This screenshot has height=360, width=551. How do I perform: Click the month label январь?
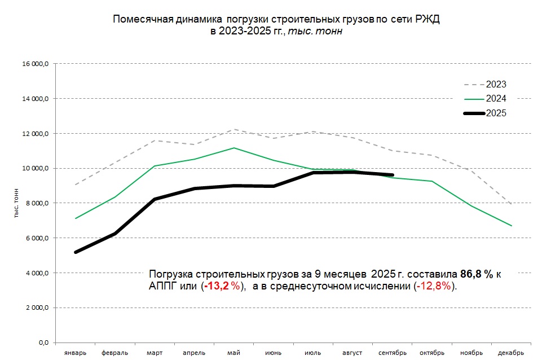76,353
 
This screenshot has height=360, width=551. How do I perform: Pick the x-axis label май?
233,353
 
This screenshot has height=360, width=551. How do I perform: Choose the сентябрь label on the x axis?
392,353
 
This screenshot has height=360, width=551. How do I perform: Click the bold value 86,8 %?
477,274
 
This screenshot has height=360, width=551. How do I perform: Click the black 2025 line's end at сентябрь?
392,175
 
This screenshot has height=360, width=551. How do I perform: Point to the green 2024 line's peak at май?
233,148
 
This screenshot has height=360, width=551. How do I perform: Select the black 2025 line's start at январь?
76,252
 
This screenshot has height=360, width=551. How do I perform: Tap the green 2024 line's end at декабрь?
511,226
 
